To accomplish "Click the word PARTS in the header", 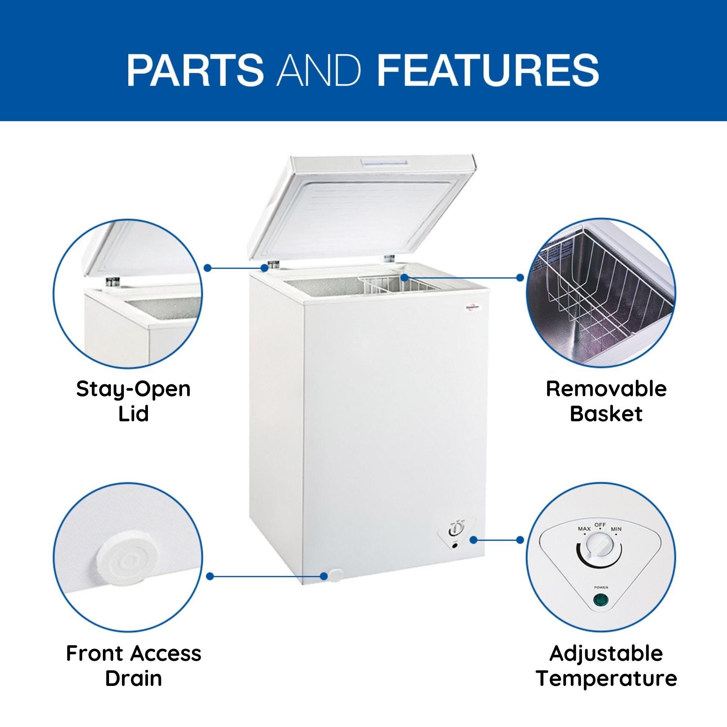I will pos(195,71).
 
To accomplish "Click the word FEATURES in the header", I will pos(488,71).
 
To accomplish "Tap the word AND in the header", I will pos(319,71).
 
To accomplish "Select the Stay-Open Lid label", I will pos(133,402).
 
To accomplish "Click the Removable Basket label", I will pos(606,402).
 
